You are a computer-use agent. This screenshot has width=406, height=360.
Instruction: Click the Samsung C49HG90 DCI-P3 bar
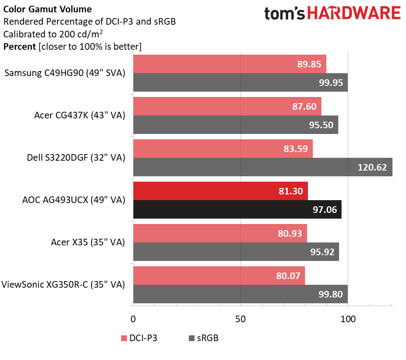point(229,64)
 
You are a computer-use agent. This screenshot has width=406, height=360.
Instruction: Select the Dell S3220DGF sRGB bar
point(263,167)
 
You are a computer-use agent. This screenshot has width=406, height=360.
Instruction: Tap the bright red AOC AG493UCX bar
point(220,191)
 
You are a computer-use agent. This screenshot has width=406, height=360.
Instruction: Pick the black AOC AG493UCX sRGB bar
point(237,210)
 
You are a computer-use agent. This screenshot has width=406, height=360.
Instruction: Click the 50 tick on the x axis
point(241,319)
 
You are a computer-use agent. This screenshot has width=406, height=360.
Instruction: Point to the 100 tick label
point(348,319)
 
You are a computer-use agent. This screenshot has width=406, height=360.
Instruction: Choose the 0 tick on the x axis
point(133,319)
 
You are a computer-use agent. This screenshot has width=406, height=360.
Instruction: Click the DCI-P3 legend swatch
point(124,338)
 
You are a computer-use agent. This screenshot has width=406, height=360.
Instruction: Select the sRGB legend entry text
point(208,338)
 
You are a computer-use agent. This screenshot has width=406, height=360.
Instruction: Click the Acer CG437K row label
point(80,116)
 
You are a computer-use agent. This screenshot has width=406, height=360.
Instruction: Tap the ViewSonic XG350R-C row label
point(63,284)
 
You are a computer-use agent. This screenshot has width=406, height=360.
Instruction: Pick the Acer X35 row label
point(88,242)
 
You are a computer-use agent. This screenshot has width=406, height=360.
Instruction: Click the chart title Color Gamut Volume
point(48,9)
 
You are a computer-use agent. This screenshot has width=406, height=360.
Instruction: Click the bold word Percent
point(19,46)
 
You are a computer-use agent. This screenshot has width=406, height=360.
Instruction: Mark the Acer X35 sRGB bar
point(236,252)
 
